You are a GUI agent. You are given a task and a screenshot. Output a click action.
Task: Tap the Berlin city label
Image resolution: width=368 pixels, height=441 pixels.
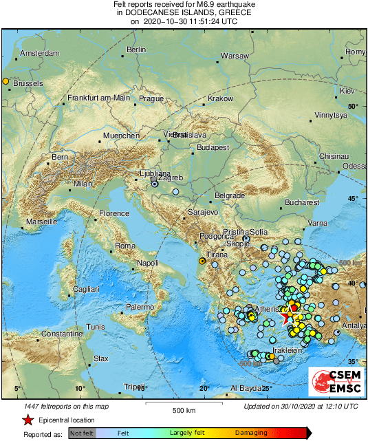coord(137,50)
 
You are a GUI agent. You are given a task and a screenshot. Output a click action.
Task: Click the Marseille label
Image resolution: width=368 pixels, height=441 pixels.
coord(42,222)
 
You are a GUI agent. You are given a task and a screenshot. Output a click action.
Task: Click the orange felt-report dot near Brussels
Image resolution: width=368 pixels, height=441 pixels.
coord(6,82)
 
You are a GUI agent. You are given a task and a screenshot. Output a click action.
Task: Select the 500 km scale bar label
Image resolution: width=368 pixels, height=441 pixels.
coord(185,411)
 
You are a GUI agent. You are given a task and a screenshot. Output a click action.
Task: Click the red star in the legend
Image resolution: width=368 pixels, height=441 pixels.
coord(28,420)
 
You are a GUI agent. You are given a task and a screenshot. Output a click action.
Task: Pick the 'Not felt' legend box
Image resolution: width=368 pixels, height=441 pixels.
coord(82,433)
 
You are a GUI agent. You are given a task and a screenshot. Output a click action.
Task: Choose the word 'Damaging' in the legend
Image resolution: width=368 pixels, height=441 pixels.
coord(252,433)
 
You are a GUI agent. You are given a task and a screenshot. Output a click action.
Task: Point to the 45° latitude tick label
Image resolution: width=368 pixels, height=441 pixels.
coord(354,199)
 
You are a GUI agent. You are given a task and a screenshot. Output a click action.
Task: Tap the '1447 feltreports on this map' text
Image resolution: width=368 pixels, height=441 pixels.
coord(66,406)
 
